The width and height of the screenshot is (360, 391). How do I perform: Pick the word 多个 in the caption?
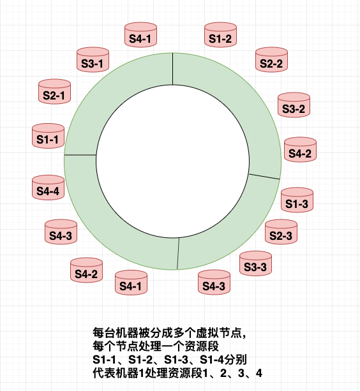click(x=181, y=333)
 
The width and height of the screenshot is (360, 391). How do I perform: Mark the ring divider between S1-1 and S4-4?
click(x=80, y=154)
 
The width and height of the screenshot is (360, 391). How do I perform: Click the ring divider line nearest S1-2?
click(x=173, y=69)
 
